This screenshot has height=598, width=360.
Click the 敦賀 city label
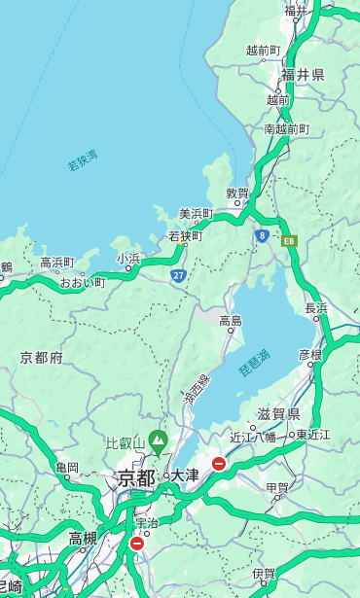[x=237, y=193]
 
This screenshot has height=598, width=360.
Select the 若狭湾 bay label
[x=83, y=160]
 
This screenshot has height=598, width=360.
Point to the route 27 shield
[x=179, y=275]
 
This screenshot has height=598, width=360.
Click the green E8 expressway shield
[x=289, y=239]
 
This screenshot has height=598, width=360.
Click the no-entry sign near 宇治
[x=136, y=544]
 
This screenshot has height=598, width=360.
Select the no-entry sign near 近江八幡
[x=219, y=464]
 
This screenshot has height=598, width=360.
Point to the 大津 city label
[x=185, y=475]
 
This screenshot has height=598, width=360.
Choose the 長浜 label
[x=316, y=308]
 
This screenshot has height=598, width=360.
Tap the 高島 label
[x=231, y=321]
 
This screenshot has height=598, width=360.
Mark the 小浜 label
[x=128, y=258]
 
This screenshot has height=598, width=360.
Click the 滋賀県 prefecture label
[x=278, y=414]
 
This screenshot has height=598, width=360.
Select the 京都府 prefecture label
[x=42, y=358]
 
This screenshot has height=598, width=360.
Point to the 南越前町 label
[x=286, y=128]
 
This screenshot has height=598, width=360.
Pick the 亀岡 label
[x=67, y=468]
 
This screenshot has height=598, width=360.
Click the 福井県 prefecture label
[x=303, y=75]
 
